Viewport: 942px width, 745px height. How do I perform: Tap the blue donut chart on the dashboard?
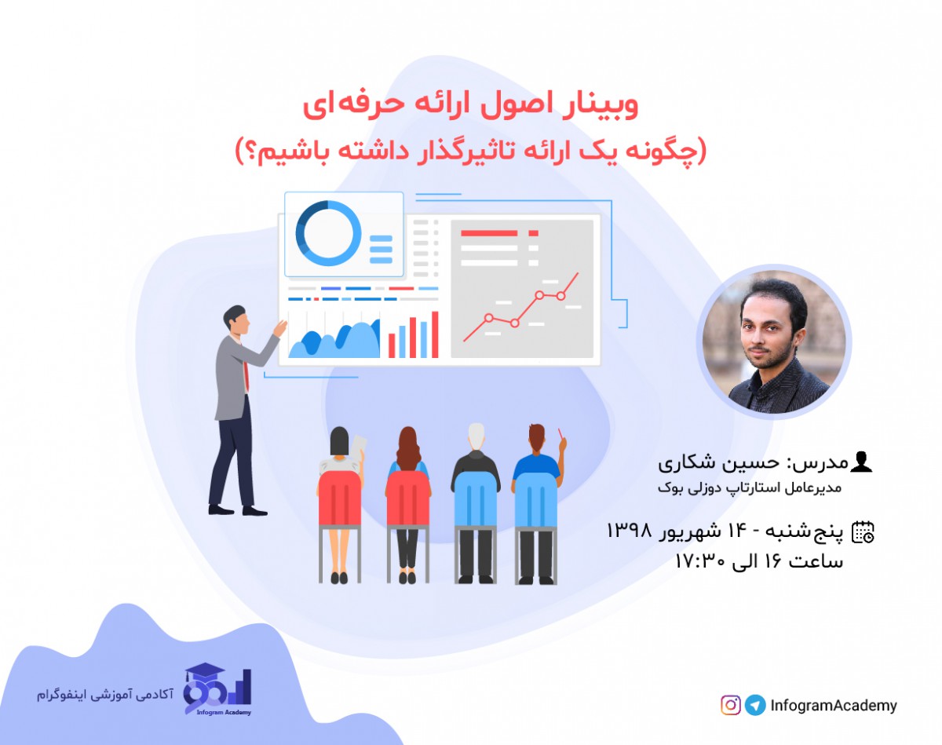[327, 233]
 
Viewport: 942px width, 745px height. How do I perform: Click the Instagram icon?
[731, 705]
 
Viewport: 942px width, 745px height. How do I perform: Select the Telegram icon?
[755, 705]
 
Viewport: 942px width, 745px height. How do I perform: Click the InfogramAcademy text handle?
[833, 706]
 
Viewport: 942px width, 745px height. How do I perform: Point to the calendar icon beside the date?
[863, 532]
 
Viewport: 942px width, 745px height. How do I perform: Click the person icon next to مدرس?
[861, 462]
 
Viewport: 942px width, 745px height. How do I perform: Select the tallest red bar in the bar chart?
[434, 334]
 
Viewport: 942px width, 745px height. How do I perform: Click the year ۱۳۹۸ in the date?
[630, 531]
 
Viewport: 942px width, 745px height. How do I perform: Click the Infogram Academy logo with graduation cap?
[217, 692]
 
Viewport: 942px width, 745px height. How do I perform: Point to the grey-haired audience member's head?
[476, 434]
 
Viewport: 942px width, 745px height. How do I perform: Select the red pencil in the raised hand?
[560, 433]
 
